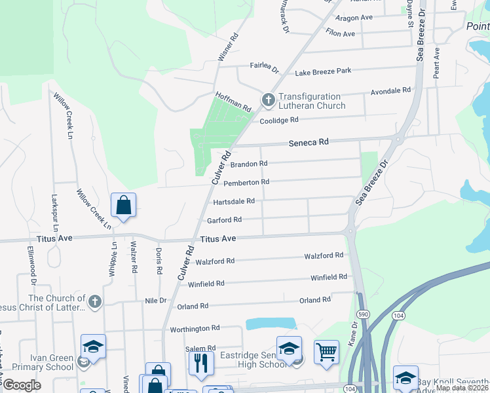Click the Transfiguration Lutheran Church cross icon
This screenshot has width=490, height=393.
coord(267,100)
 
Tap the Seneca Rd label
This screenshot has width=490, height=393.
coord(309,141)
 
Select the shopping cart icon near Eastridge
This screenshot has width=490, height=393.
coord(326,352)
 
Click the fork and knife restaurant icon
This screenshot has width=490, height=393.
coord(201,362)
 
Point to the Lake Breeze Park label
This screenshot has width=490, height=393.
coord(323,70)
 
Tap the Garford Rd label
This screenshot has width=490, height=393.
coord(225,219)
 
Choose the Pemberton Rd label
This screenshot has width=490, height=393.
coord(247,182)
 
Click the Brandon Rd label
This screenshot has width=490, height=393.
coord(250,164)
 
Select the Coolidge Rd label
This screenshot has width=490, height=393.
coord(279,120)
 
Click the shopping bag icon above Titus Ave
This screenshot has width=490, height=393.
coord(123,206)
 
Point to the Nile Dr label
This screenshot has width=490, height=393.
coord(156,301)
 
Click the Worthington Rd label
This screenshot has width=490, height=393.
coord(195,328)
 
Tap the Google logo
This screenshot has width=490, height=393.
coord(22,385)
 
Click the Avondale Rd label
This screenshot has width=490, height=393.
coord(390,90)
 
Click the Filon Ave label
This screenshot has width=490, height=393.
coord(340,33)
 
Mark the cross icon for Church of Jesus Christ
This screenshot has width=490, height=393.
coord(94,301)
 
